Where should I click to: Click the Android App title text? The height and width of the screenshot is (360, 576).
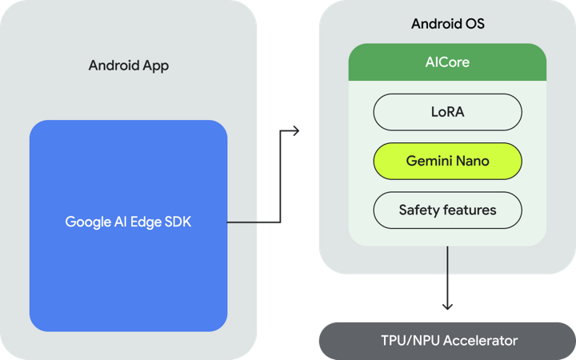(128, 66)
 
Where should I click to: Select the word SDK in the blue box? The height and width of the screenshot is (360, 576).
(178, 222)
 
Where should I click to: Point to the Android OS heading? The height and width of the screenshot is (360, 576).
(447, 24)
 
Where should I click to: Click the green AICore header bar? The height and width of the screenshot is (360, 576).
(447, 62)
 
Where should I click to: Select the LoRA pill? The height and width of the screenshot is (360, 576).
(447, 112)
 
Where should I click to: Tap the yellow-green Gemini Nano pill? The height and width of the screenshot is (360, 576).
(447, 162)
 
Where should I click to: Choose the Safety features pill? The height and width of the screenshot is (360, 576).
(447, 210)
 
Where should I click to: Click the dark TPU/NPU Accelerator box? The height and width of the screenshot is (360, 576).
(447, 341)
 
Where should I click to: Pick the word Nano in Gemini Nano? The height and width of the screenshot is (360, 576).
(472, 162)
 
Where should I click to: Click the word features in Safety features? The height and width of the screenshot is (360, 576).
(469, 210)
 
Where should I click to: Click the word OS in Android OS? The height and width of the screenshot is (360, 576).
(474, 24)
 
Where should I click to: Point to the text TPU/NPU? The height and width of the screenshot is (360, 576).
(409, 341)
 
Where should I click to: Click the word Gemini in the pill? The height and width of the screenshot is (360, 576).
(429, 162)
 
